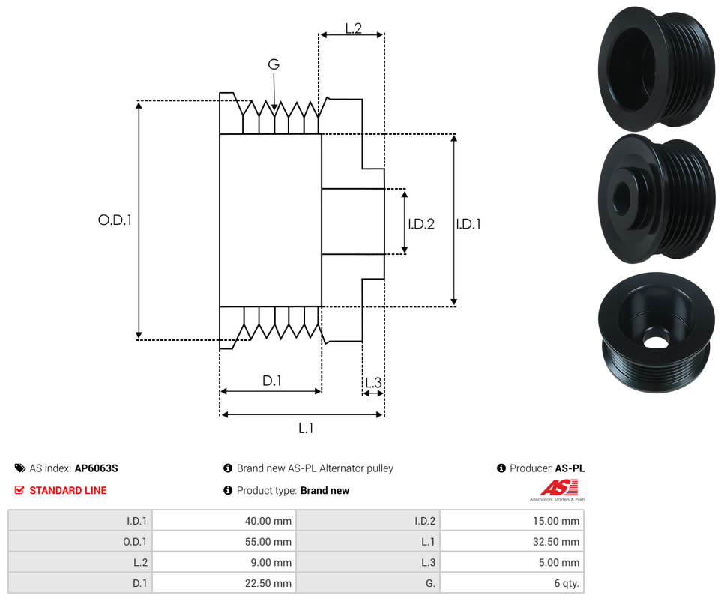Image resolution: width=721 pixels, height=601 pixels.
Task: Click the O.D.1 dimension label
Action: [x=115, y=220]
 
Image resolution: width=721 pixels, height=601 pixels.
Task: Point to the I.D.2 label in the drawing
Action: [x=421, y=223]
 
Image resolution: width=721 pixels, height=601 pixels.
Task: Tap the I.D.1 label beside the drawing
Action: [x=468, y=223]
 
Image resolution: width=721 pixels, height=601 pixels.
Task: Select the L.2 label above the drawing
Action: [x=353, y=28]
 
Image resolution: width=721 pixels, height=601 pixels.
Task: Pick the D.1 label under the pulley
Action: [x=271, y=381]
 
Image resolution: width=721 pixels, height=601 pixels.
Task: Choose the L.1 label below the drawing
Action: [x=305, y=428]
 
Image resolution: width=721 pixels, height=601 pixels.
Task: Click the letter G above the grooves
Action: [x=274, y=65]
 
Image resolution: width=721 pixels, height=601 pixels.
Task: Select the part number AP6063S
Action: [x=97, y=468]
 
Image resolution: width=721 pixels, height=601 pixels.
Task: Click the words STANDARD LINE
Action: [x=68, y=491]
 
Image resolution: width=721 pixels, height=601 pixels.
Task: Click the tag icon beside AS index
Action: [x=20, y=468]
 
